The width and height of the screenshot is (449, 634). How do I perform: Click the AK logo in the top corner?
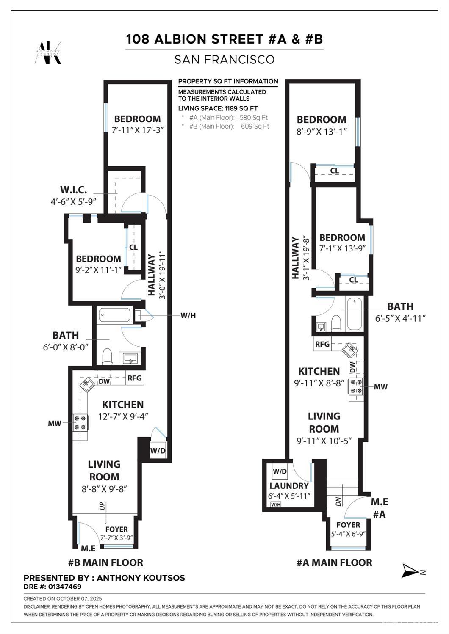click(48, 52)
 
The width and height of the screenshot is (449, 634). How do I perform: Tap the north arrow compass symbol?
click(409, 571)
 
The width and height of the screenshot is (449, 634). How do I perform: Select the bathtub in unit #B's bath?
click(114, 315)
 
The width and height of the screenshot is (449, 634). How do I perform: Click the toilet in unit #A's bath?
click(336, 323)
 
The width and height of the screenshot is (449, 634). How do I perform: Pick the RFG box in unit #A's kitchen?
click(322, 344)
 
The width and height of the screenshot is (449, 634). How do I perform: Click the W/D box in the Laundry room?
click(280, 471)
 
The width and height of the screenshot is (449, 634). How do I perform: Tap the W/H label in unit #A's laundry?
click(275, 504)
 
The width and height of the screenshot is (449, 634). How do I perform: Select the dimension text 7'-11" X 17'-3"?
click(138, 130)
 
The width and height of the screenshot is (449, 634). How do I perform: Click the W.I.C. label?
click(73, 189)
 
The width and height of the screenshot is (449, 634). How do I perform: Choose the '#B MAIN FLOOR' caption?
click(105, 562)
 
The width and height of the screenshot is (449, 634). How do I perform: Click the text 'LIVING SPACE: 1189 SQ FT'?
click(218, 108)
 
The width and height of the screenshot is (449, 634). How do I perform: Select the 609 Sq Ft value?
click(255, 126)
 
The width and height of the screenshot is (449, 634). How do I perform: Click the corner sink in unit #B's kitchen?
click(87, 384)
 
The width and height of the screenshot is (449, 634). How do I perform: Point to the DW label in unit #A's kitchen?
click(352, 367)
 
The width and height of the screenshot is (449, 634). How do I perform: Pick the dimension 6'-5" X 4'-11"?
click(400, 318)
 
